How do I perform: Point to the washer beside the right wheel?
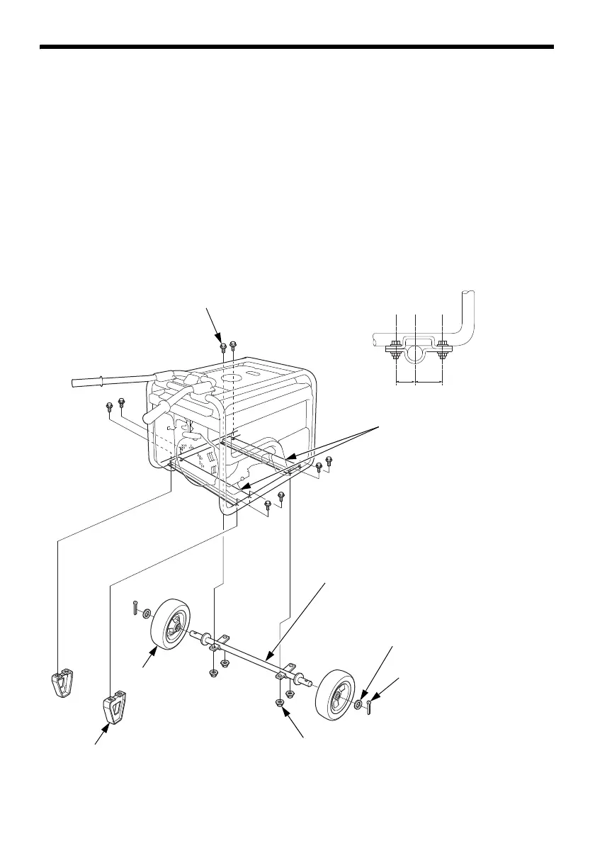tap(360, 705)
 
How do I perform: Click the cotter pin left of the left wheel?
tap(135, 608)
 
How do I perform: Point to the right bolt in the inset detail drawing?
tap(442, 350)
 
